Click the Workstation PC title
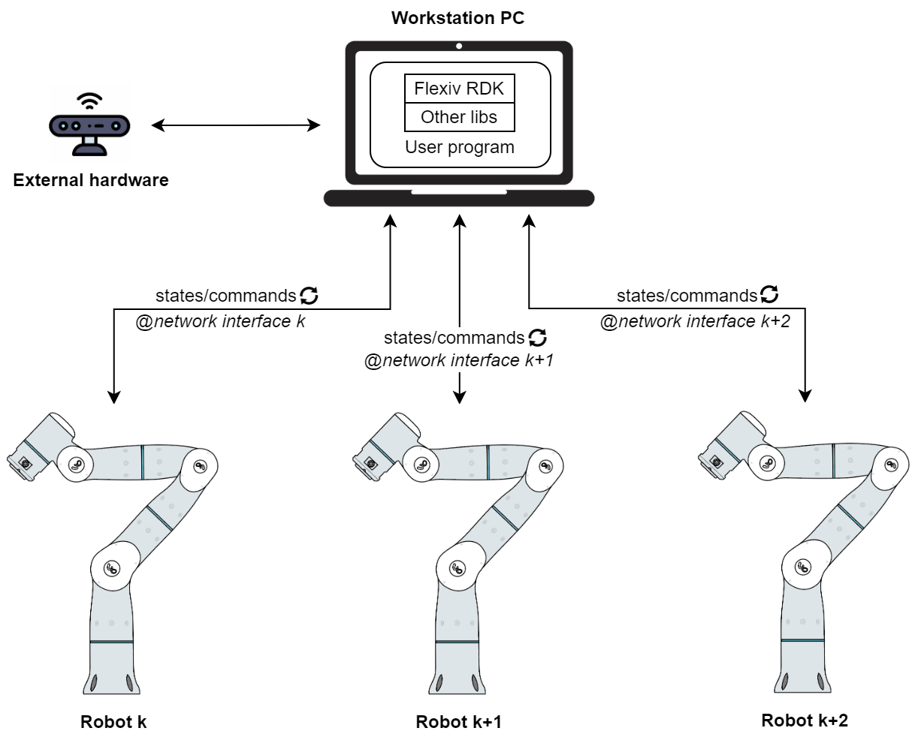click(458, 17)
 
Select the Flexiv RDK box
click(460, 89)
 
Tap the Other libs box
click(460, 117)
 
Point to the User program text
click(460, 147)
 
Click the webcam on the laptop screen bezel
click(459, 47)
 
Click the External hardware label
click(91, 180)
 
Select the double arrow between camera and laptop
click(236, 125)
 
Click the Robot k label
click(113, 722)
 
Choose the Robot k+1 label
click(458, 722)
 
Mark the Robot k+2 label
click(805, 720)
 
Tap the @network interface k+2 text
click(695, 321)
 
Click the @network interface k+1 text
click(458, 361)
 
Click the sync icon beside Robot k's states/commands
click(310, 296)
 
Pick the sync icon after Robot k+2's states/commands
click(769, 294)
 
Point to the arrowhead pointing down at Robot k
click(114, 396)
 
